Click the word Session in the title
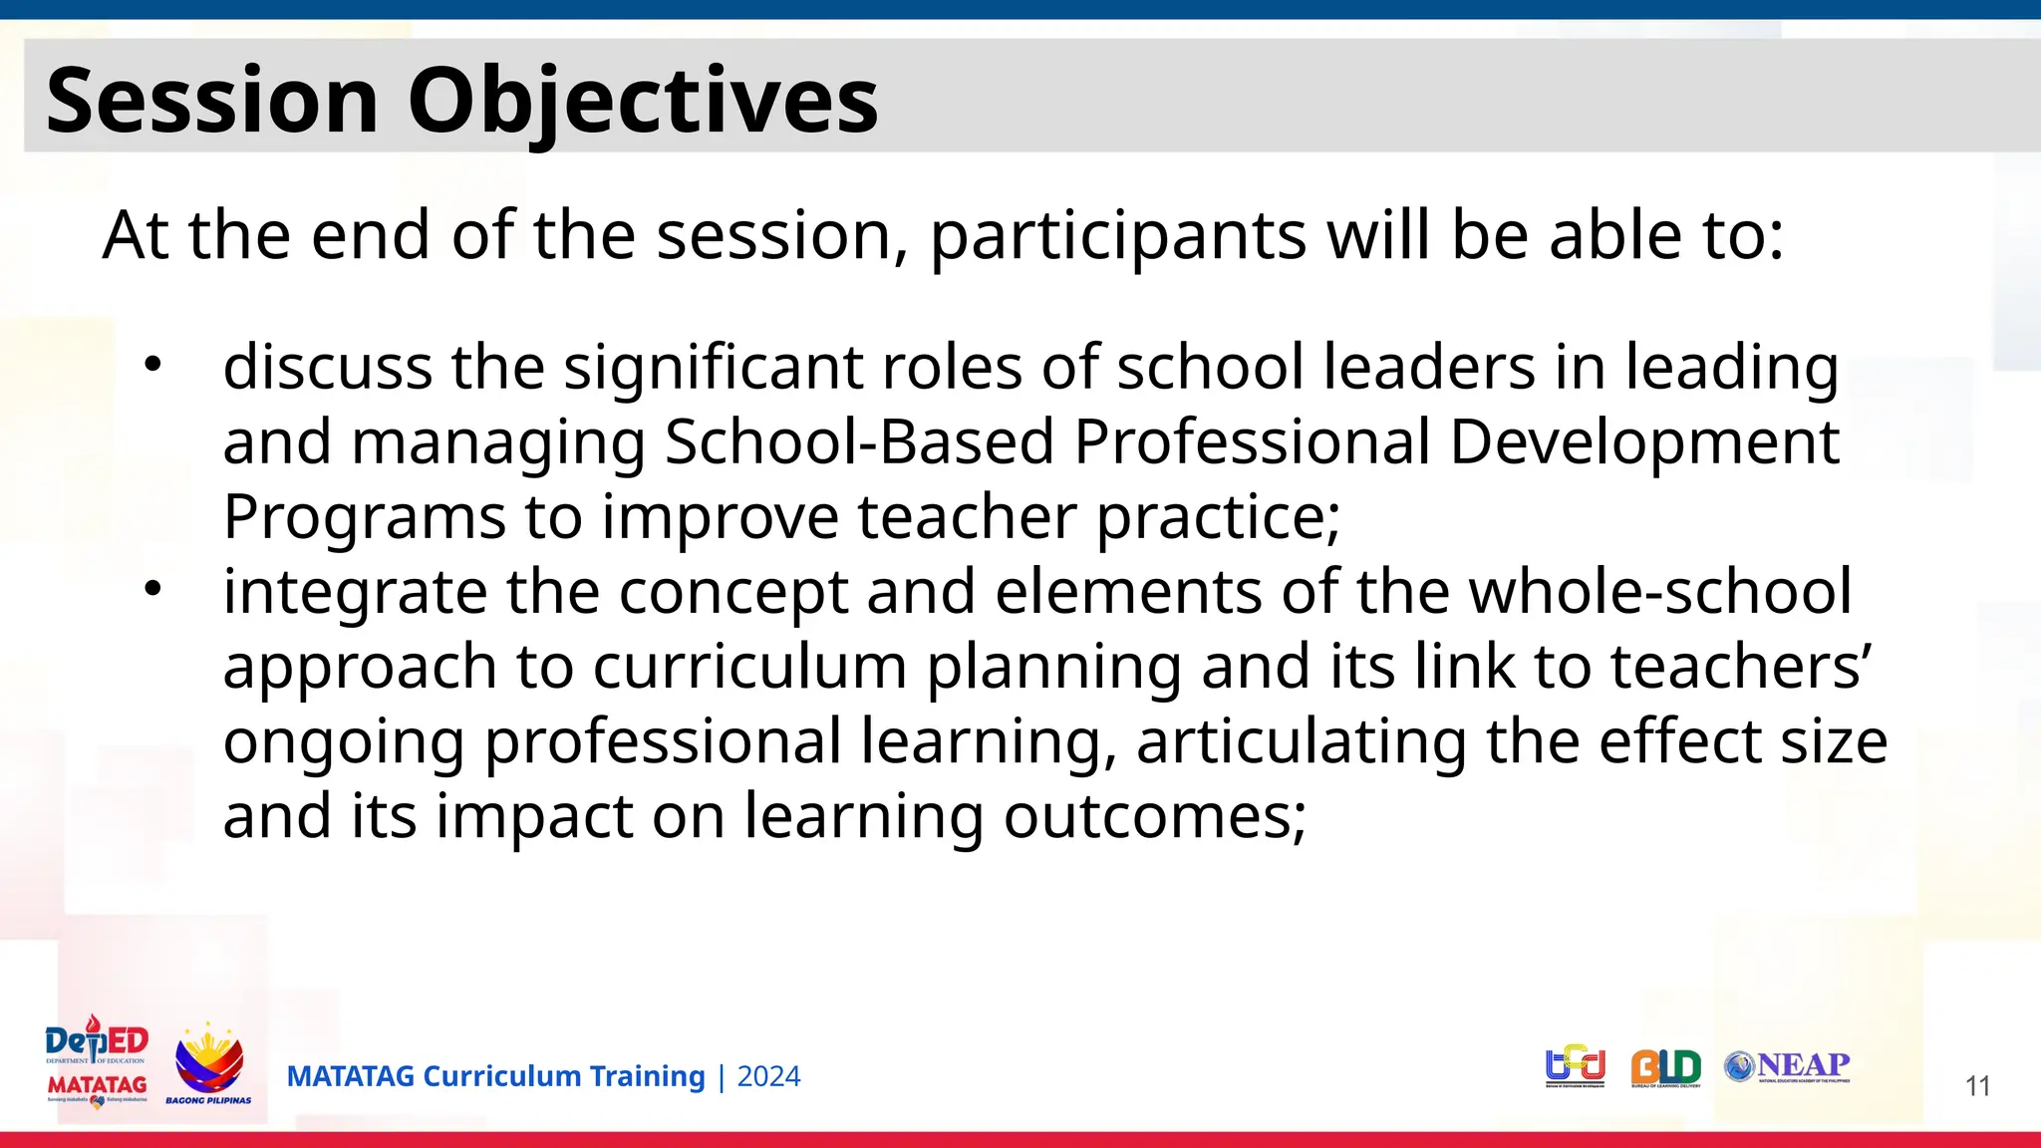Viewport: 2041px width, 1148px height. (211, 100)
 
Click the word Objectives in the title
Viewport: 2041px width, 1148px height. (643, 100)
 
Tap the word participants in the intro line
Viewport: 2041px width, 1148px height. (1117, 237)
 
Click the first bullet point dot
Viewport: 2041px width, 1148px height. (151, 365)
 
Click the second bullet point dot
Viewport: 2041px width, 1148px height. (151, 589)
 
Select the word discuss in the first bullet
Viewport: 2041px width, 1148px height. (327, 367)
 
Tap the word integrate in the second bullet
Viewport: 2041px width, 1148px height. (355, 592)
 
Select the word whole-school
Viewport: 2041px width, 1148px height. (1660, 592)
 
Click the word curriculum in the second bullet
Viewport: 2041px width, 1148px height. (749, 667)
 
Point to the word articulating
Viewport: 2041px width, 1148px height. (1302, 741)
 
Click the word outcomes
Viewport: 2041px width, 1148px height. (1154, 816)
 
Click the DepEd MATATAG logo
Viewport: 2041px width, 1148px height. (97, 1062)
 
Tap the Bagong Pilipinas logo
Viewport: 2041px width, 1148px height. (208, 1064)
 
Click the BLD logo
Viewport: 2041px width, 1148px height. (1666, 1068)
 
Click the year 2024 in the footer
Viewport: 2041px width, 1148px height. (768, 1077)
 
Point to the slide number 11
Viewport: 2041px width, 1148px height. (1977, 1086)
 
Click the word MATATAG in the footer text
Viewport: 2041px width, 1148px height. (350, 1077)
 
